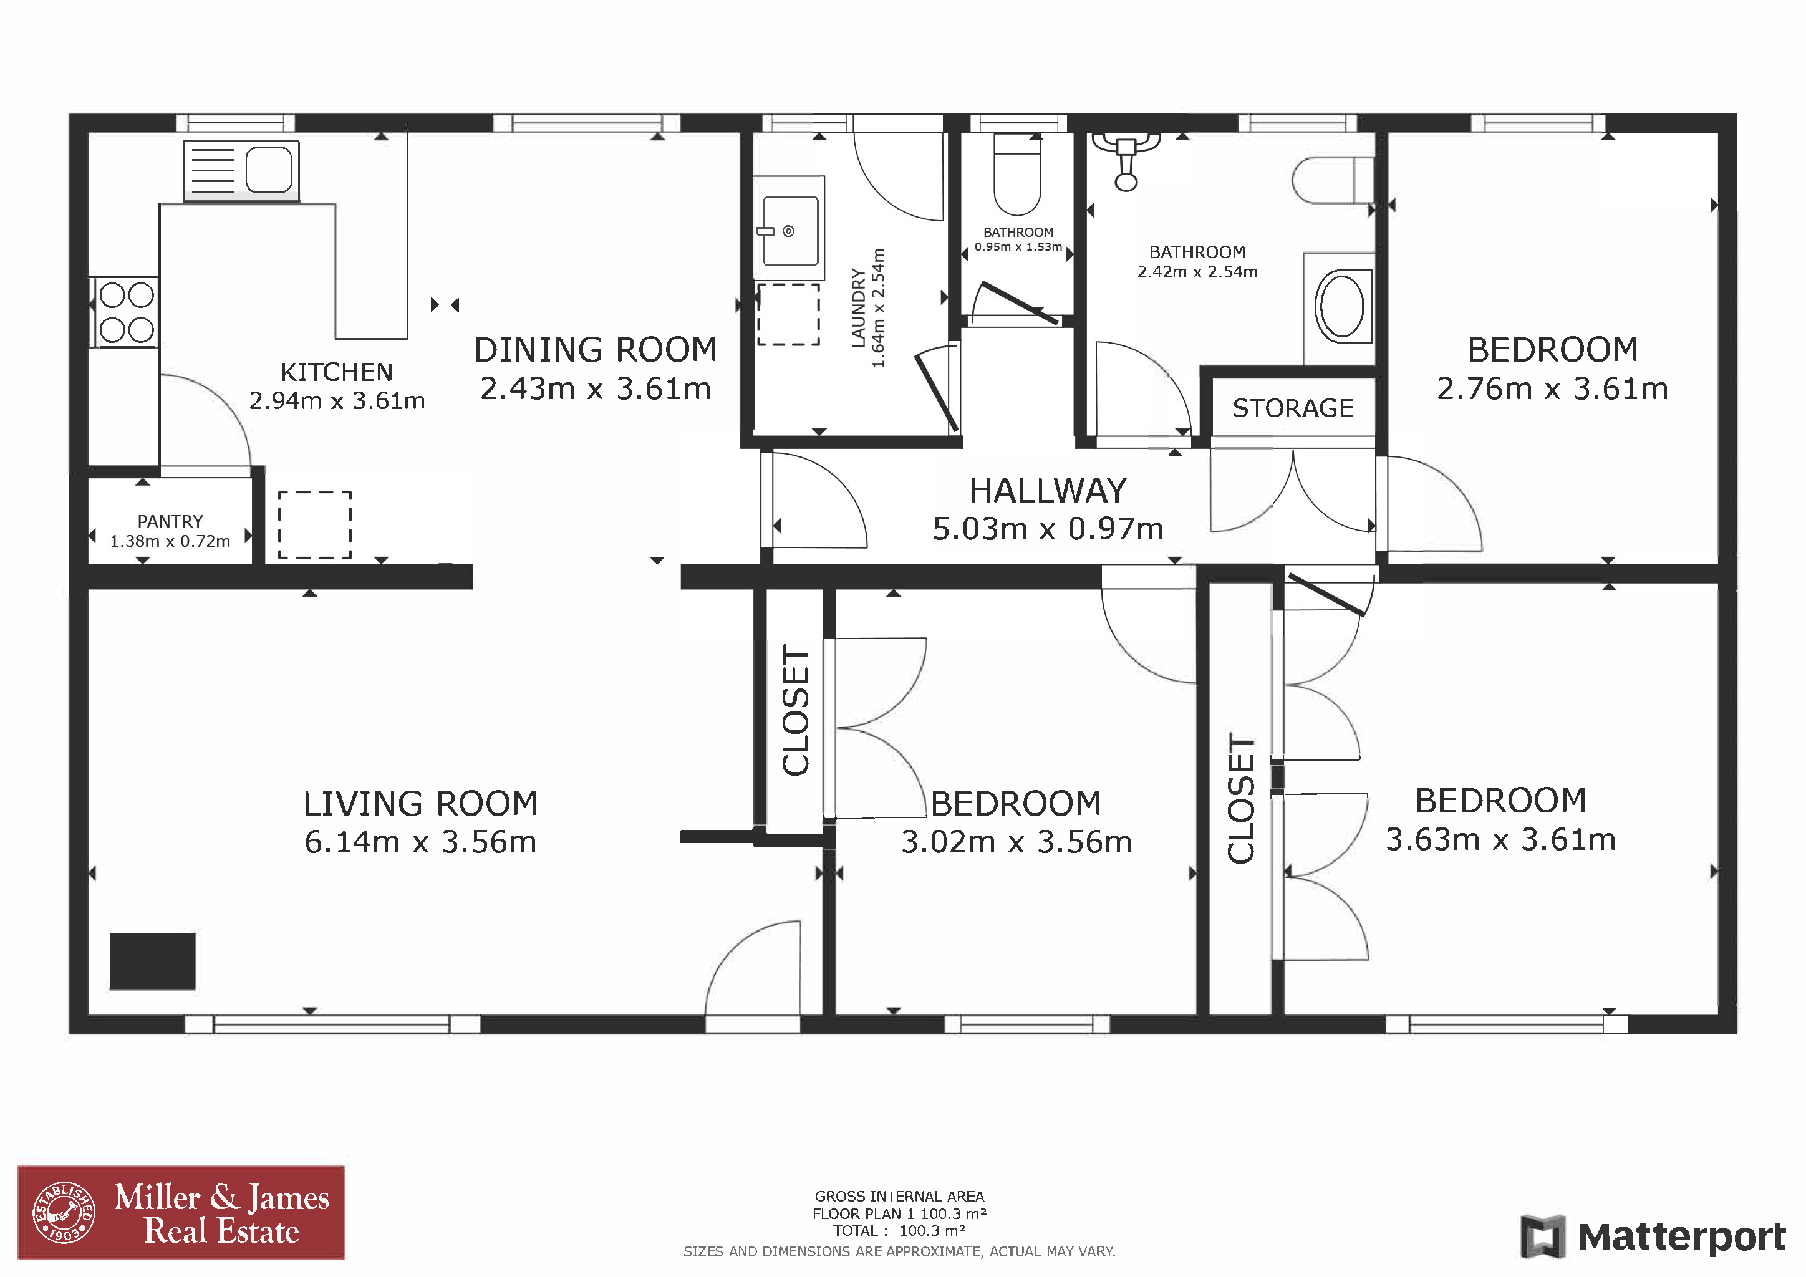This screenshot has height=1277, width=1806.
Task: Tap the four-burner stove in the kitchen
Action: pyautogui.click(x=127, y=312)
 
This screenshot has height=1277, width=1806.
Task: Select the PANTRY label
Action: pyautogui.click(x=170, y=521)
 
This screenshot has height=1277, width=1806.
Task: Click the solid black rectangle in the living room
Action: pyautogui.click(x=153, y=961)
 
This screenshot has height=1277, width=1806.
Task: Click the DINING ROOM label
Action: pyautogui.click(x=596, y=350)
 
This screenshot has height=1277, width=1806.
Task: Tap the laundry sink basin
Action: pyautogui.click(x=789, y=230)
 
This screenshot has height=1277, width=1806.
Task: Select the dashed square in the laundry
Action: pyautogui.click(x=788, y=314)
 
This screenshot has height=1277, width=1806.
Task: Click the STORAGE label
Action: pyautogui.click(x=1293, y=408)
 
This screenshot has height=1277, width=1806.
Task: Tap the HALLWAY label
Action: pyautogui.click(x=1048, y=491)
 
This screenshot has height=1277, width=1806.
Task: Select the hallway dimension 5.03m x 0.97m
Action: pyautogui.click(x=1048, y=529)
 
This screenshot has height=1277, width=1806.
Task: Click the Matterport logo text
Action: pyautogui.click(x=1682, y=1237)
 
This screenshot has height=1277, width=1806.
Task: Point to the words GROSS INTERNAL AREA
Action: pyautogui.click(x=899, y=1196)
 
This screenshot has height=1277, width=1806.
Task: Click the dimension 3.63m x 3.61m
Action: pyautogui.click(x=1501, y=840)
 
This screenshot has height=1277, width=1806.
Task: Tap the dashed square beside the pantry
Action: pyautogui.click(x=315, y=525)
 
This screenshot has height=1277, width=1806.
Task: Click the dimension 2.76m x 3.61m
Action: pyautogui.click(x=1553, y=388)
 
